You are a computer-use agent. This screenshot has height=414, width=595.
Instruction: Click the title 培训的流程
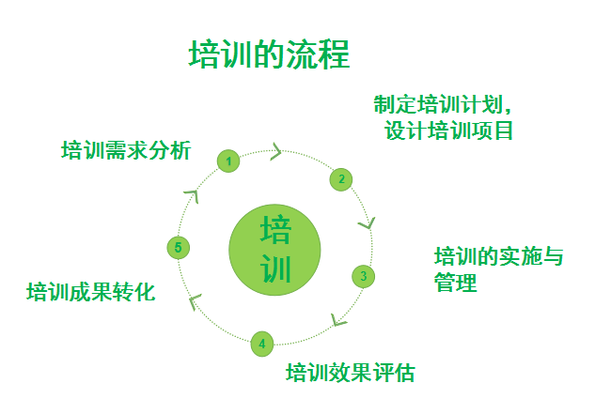pyautogui.click(x=269, y=54)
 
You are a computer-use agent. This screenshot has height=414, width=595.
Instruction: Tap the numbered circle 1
pyautogui.click(x=227, y=161)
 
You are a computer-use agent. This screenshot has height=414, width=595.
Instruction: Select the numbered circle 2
pyautogui.click(x=342, y=178)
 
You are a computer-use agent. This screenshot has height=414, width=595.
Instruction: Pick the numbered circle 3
pyautogui.click(x=364, y=276)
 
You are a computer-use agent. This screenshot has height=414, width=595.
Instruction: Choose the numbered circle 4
pyautogui.click(x=262, y=343)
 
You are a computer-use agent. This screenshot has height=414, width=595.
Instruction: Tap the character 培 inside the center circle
pyautogui.click(x=275, y=230)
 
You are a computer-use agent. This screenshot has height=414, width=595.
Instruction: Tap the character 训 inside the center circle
pyautogui.click(x=275, y=269)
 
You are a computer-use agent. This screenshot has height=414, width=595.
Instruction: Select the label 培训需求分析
pyautogui.click(x=126, y=149)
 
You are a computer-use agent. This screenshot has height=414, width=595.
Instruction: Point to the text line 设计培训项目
pyautogui.click(x=449, y=130)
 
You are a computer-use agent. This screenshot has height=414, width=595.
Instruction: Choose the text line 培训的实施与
pyautogui.click(x=498, y=256)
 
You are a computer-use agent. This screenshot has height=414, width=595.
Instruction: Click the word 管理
pyautogui.click(x=456, y=282)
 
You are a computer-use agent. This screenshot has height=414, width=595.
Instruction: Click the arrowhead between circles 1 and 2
pyautogui.click(x=277, y=150)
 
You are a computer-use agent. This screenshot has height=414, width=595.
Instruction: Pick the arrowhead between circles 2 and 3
pyautogui.click(x=367, y=223)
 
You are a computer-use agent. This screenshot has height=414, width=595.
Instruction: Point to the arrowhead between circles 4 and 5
pyautogui.click(x=195, y=300)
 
